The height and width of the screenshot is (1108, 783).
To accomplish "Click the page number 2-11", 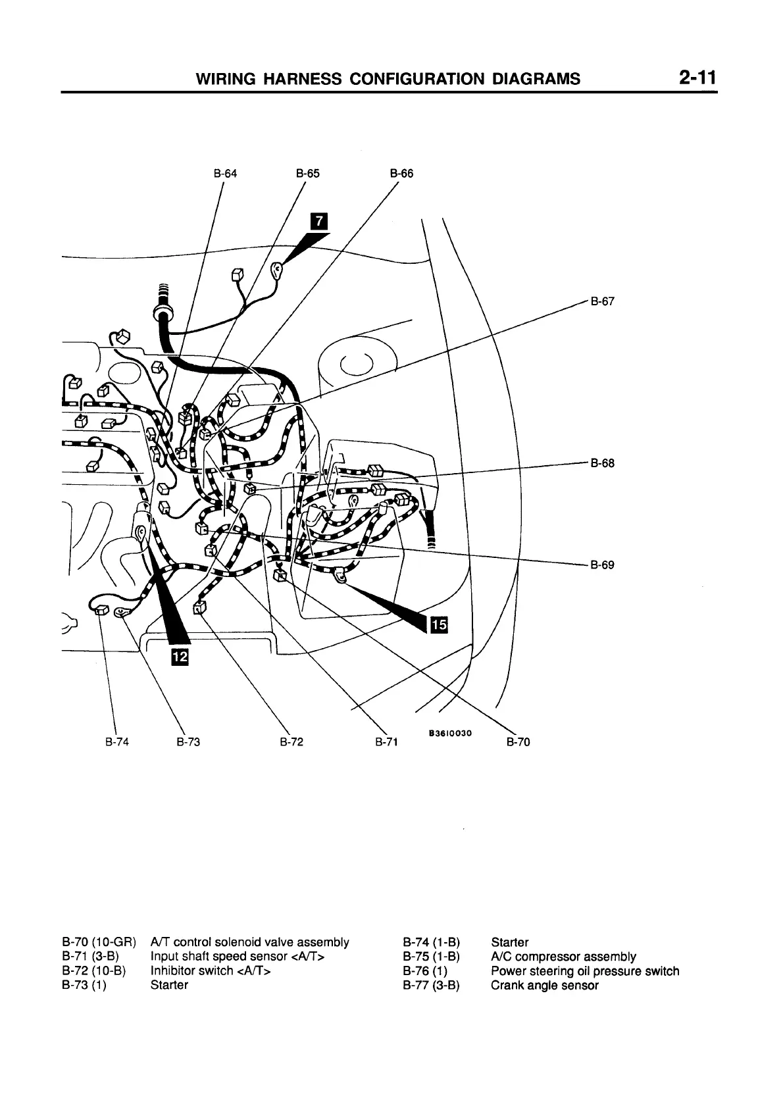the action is [x=697, y=78].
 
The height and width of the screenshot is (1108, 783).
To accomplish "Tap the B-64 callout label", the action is [x=225, y=174].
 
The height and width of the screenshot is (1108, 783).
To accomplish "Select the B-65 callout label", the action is [x=308, y=174].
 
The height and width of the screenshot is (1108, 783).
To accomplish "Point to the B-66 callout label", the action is [x=401, y=174].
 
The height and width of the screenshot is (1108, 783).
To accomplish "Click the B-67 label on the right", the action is [x=602, y=302].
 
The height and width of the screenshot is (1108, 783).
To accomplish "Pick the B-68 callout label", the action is [x=602, y=463].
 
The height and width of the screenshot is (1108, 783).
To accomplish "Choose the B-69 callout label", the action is [x=602, y=565].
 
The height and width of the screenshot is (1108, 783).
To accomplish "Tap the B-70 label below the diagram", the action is [x=518, y=743].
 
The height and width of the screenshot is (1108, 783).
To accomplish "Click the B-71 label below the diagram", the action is [x=387, y=743].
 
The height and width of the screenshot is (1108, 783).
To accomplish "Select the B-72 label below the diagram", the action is [x=291, y=743].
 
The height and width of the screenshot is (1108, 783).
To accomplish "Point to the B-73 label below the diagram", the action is [x=188, y=743].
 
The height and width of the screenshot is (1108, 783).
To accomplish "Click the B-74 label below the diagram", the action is [x=117, y=743].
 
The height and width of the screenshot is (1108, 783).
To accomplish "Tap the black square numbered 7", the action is [x=318, y=222].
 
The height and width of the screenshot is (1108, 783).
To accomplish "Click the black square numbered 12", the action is [x=180, y=656].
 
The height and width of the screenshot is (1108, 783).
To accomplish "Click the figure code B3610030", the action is [x=451, y=732].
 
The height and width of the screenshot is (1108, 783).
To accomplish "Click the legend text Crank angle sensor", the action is [x=545, y=986].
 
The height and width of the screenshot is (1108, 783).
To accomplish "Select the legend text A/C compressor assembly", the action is [x=563, y=957].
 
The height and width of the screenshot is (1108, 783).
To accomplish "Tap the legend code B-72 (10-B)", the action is [x=93, y=971].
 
